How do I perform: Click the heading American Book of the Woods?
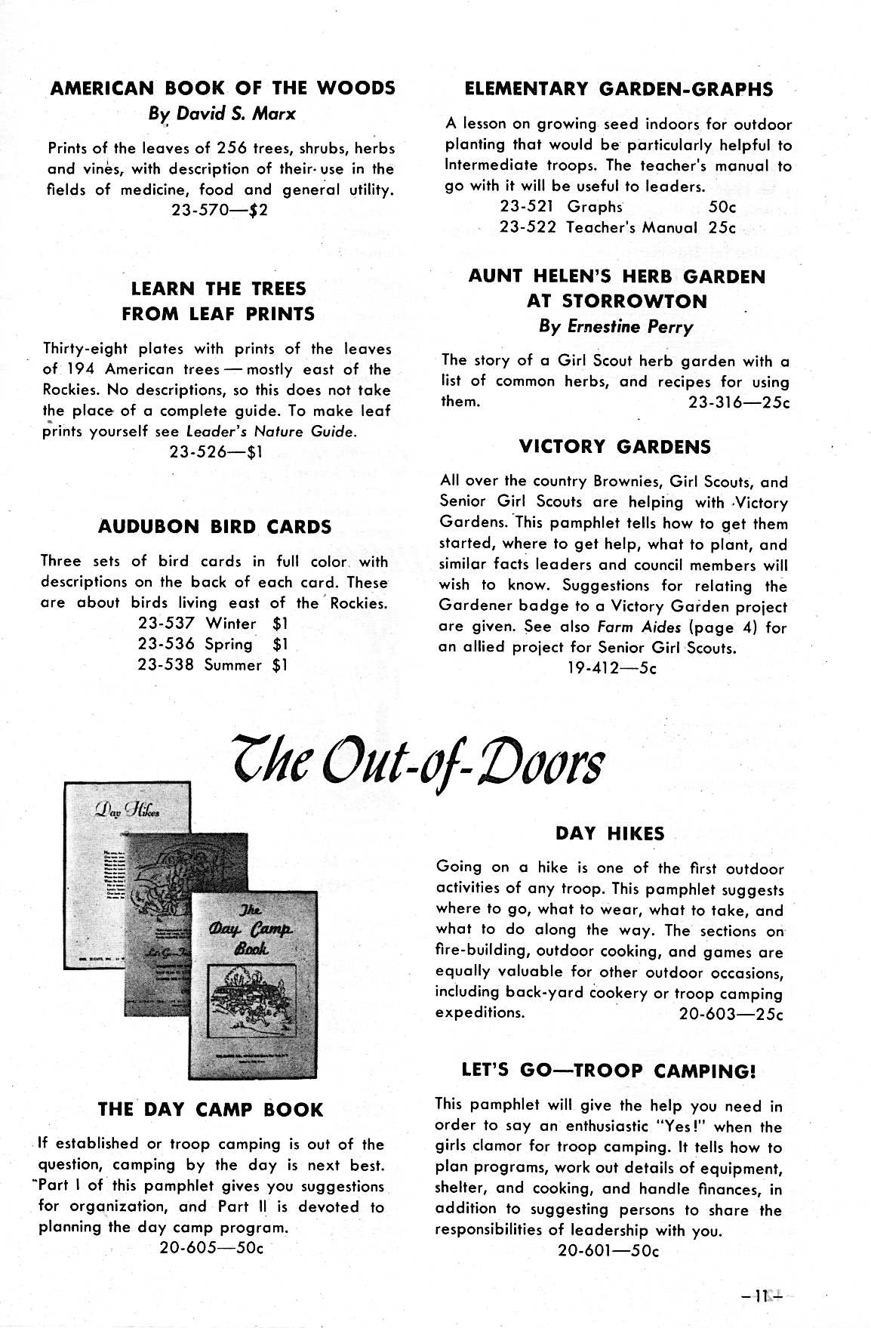tap(223, 88)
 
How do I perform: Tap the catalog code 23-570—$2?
tap(220, 210)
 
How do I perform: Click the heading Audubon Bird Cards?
tap(215, 527)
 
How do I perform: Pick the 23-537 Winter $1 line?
tap(213, 624)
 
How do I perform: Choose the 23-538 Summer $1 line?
tap(213, 665)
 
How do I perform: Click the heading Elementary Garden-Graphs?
tap(618, 89)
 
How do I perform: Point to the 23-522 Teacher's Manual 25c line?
tap(617, 227)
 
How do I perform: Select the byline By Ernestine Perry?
tap(616, 327)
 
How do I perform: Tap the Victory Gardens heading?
tap(615, 447)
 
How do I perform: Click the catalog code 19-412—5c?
tap(611, 668)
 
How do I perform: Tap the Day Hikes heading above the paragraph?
tap(610, 833)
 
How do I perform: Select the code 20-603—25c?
tap(731, 1014)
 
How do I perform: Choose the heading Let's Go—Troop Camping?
tap(608, 1071)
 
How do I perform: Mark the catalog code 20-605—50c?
tap(211, 1247)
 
